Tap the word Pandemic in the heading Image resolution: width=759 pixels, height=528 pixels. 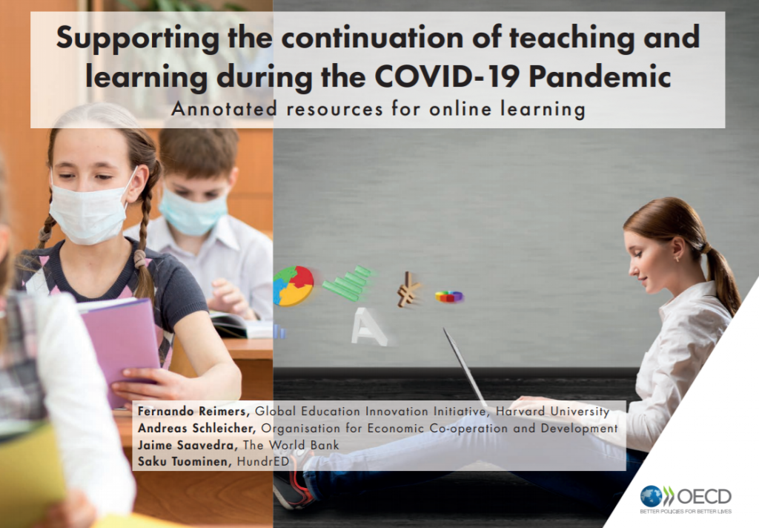click(x=600, y=76)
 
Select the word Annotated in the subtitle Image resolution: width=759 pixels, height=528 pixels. click(x=224, y=109)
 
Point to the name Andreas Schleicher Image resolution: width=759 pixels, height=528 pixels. click(x=196, y=428)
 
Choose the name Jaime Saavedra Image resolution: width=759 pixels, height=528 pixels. click(x=187, y=445)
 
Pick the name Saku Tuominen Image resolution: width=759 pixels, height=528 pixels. click(x=184, y=461)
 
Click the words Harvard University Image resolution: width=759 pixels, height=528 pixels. click(x=552, y=412)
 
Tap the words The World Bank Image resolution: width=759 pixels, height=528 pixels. click(x=291, y=445)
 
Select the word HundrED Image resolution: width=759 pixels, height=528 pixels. click(x=263, y=461)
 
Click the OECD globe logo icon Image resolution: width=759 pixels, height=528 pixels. click(x=651, y=497)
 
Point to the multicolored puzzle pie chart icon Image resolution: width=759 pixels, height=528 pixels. click(x=293, y=286)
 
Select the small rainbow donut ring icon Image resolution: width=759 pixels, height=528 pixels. click(x=449, y=296)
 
